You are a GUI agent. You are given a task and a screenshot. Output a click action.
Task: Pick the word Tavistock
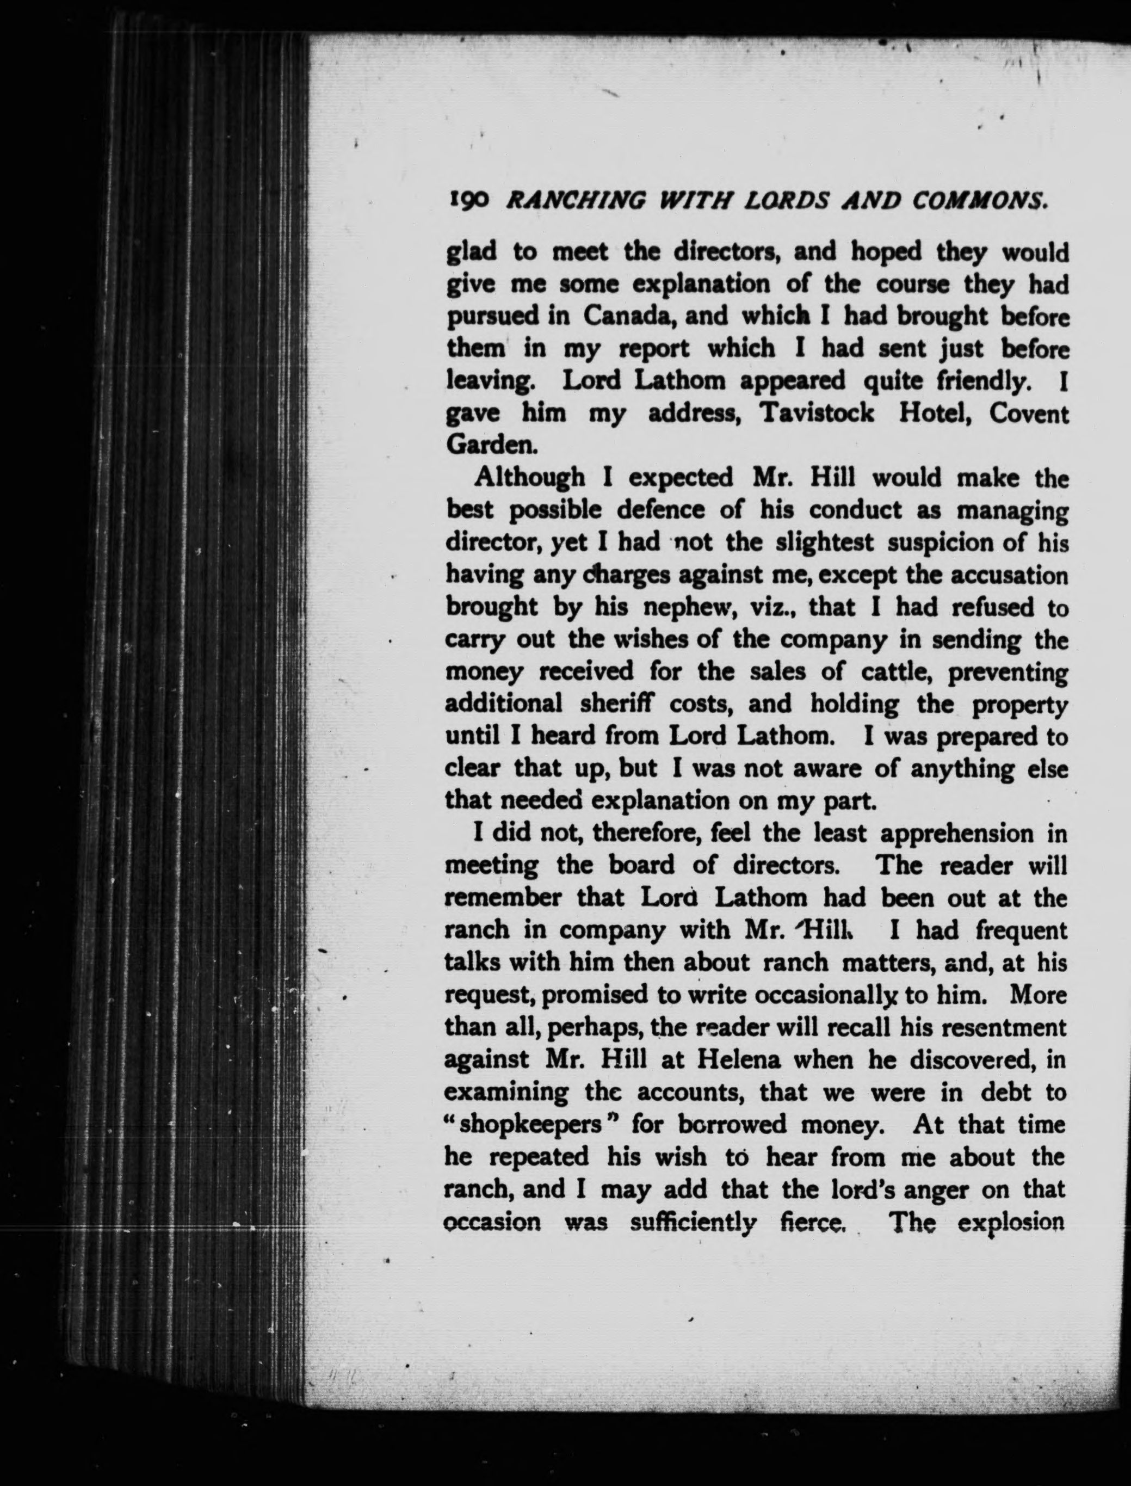816,414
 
